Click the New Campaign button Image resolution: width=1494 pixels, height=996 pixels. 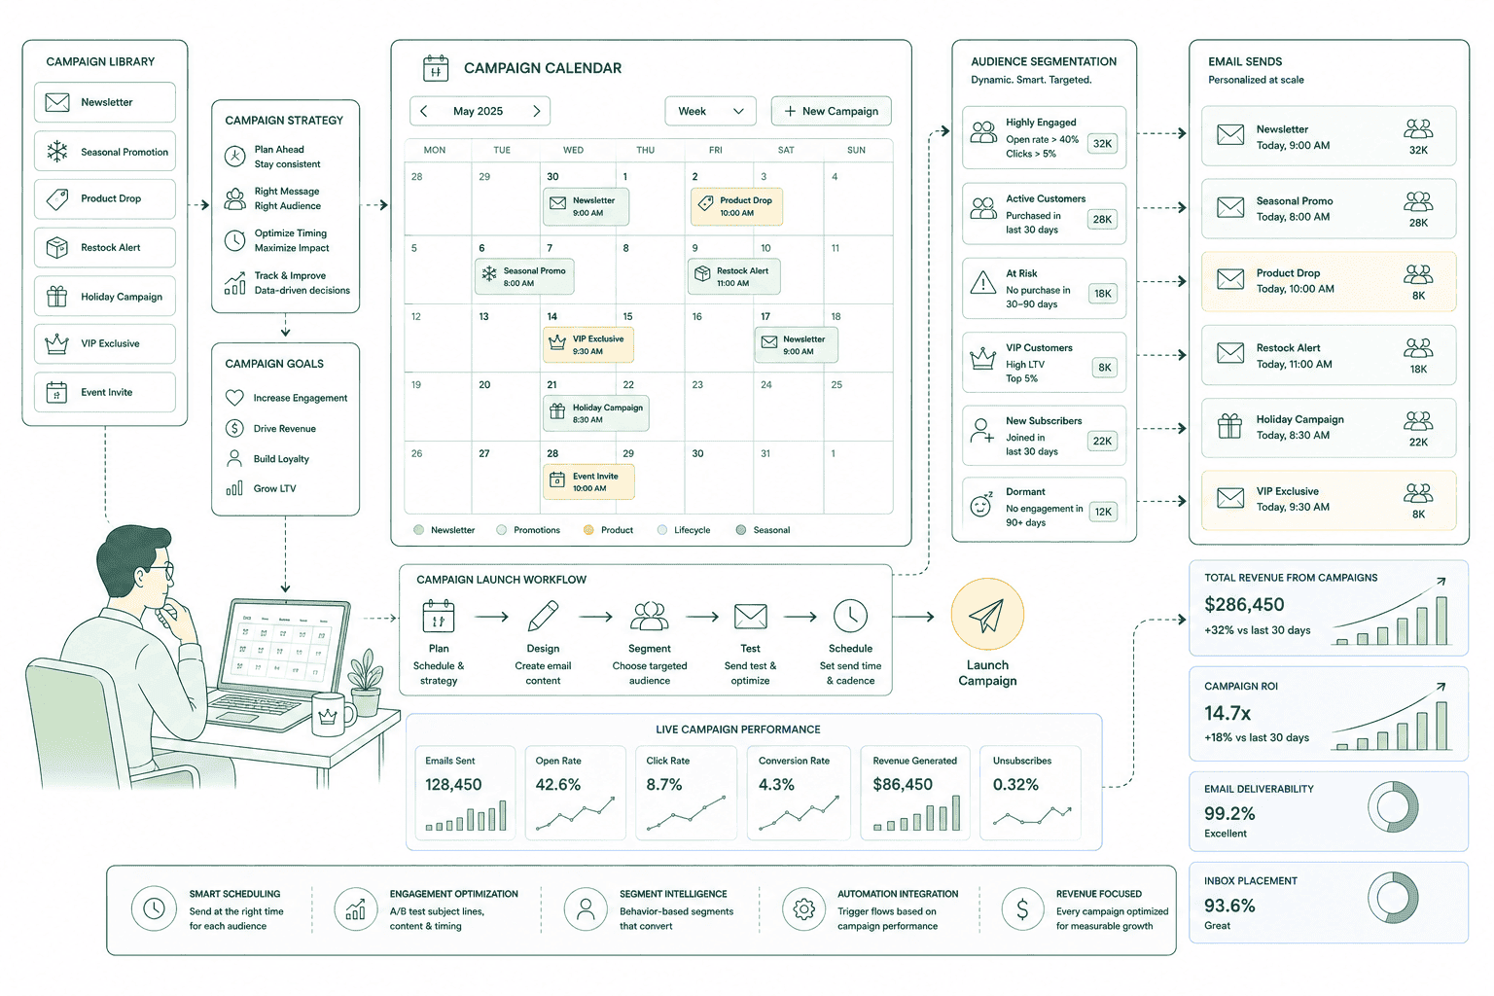(x=831, y=111)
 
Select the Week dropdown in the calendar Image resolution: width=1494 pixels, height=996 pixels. (x=710, y=111)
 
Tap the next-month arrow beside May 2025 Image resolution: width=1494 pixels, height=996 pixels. (x=536, y=111)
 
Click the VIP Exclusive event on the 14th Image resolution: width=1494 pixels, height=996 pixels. (x=588, y=345)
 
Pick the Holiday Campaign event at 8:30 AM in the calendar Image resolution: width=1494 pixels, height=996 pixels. (x=595, y=413)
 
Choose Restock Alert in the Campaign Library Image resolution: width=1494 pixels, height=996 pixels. (x=105, y=247)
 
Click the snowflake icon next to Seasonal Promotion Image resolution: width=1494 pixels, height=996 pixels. (x=57, y=152)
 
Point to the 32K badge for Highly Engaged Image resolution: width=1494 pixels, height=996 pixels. (x=1102, y=143)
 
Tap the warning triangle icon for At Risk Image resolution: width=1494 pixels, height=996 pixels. (x=983, y=283)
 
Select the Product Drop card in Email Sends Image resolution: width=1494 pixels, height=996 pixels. (x=1329, y=281)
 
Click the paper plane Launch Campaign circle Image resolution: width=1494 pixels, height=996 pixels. (x=987, y=615)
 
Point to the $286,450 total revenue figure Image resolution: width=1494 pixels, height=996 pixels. (x=1244, y=604)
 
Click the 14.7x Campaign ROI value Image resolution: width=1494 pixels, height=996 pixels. (x=1227, y=713)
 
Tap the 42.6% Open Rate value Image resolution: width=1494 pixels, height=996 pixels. (x=557, y=785)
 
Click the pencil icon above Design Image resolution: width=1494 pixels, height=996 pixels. (x=543, y=616)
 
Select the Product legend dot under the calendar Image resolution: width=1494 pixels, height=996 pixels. (x=588, y=530)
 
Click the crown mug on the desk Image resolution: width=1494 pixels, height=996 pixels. (x=332, y=714)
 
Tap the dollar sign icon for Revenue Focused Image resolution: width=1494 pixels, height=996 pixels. (x=1022, y=908)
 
